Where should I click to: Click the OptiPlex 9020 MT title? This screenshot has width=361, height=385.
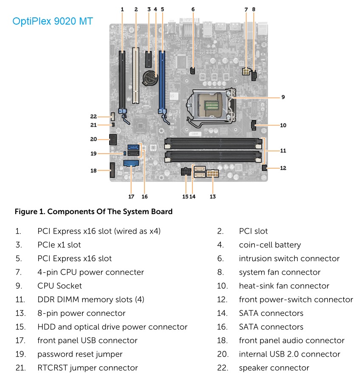[53, 21]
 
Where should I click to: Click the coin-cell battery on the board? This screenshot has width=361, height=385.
[150, 78]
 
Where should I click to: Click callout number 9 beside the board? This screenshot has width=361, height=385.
[283, 97]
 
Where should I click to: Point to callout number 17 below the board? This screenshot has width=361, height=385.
[131, 196]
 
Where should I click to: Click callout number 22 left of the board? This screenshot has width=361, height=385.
[94, 116]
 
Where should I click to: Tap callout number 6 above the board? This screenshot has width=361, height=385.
[193, 9]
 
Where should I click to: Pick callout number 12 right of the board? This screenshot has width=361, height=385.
[283, 168]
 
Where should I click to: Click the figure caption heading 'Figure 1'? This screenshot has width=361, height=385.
[93, 211]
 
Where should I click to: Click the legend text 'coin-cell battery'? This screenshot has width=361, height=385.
[270, 245]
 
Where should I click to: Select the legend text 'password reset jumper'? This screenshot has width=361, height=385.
[80, 354]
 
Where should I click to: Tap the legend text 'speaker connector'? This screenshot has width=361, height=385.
[274, 368]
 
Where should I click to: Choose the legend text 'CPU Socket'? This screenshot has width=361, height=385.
[59, 286]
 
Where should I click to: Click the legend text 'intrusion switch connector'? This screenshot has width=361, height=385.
[289, 258]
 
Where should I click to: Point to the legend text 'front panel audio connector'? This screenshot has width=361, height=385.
[291, 340]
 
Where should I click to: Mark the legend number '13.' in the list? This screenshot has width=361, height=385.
[19, 313]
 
